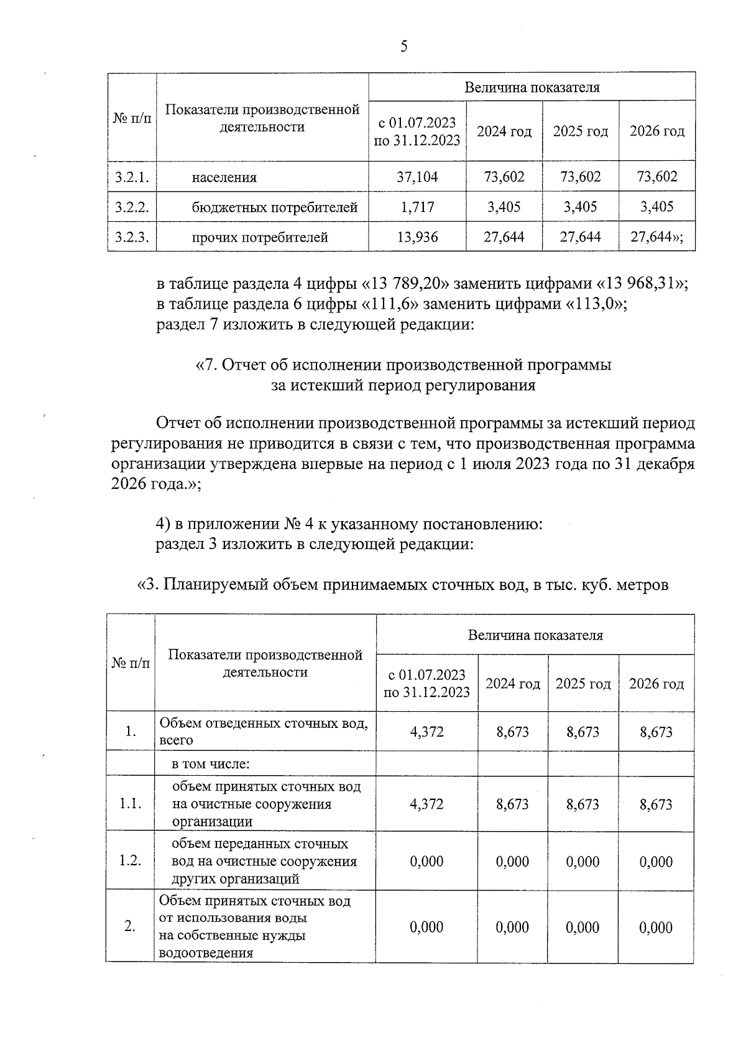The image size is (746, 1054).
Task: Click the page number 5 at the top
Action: [404, 47]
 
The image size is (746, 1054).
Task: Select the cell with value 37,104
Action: [417, 177]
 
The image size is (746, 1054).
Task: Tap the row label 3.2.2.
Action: [132, 207]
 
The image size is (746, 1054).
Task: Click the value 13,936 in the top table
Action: [417, 237]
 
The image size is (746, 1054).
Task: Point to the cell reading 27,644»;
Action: [657, 237]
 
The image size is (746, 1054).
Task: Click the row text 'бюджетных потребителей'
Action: [275, 207]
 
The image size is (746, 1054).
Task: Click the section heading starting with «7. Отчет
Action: [403, 365]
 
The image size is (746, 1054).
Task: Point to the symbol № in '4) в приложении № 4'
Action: [293, 524]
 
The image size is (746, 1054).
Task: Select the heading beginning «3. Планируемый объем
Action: [403, 584]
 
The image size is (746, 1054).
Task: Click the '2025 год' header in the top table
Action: [580, 132]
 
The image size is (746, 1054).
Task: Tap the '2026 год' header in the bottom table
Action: [656, 684]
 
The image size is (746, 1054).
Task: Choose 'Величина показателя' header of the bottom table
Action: [535, 635]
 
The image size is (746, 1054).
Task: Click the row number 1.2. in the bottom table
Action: [131, 861]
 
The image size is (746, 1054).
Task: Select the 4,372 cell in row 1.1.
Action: [426, 804]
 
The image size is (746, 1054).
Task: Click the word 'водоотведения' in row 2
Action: [206, 953]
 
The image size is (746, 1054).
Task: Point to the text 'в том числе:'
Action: [211, 765]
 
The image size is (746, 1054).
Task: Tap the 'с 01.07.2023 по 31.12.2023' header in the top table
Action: [417, 132]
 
